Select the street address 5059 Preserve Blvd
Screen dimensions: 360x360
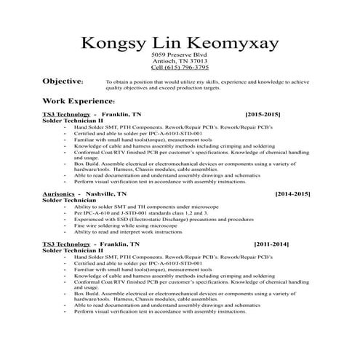179,55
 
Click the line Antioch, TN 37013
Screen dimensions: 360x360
179,61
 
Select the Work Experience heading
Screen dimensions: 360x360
79,100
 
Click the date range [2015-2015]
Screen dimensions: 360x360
263,115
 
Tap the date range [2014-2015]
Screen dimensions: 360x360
292,195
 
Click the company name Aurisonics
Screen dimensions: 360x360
61,195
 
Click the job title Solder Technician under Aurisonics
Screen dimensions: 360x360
72,201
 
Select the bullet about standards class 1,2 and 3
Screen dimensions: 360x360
145,213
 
